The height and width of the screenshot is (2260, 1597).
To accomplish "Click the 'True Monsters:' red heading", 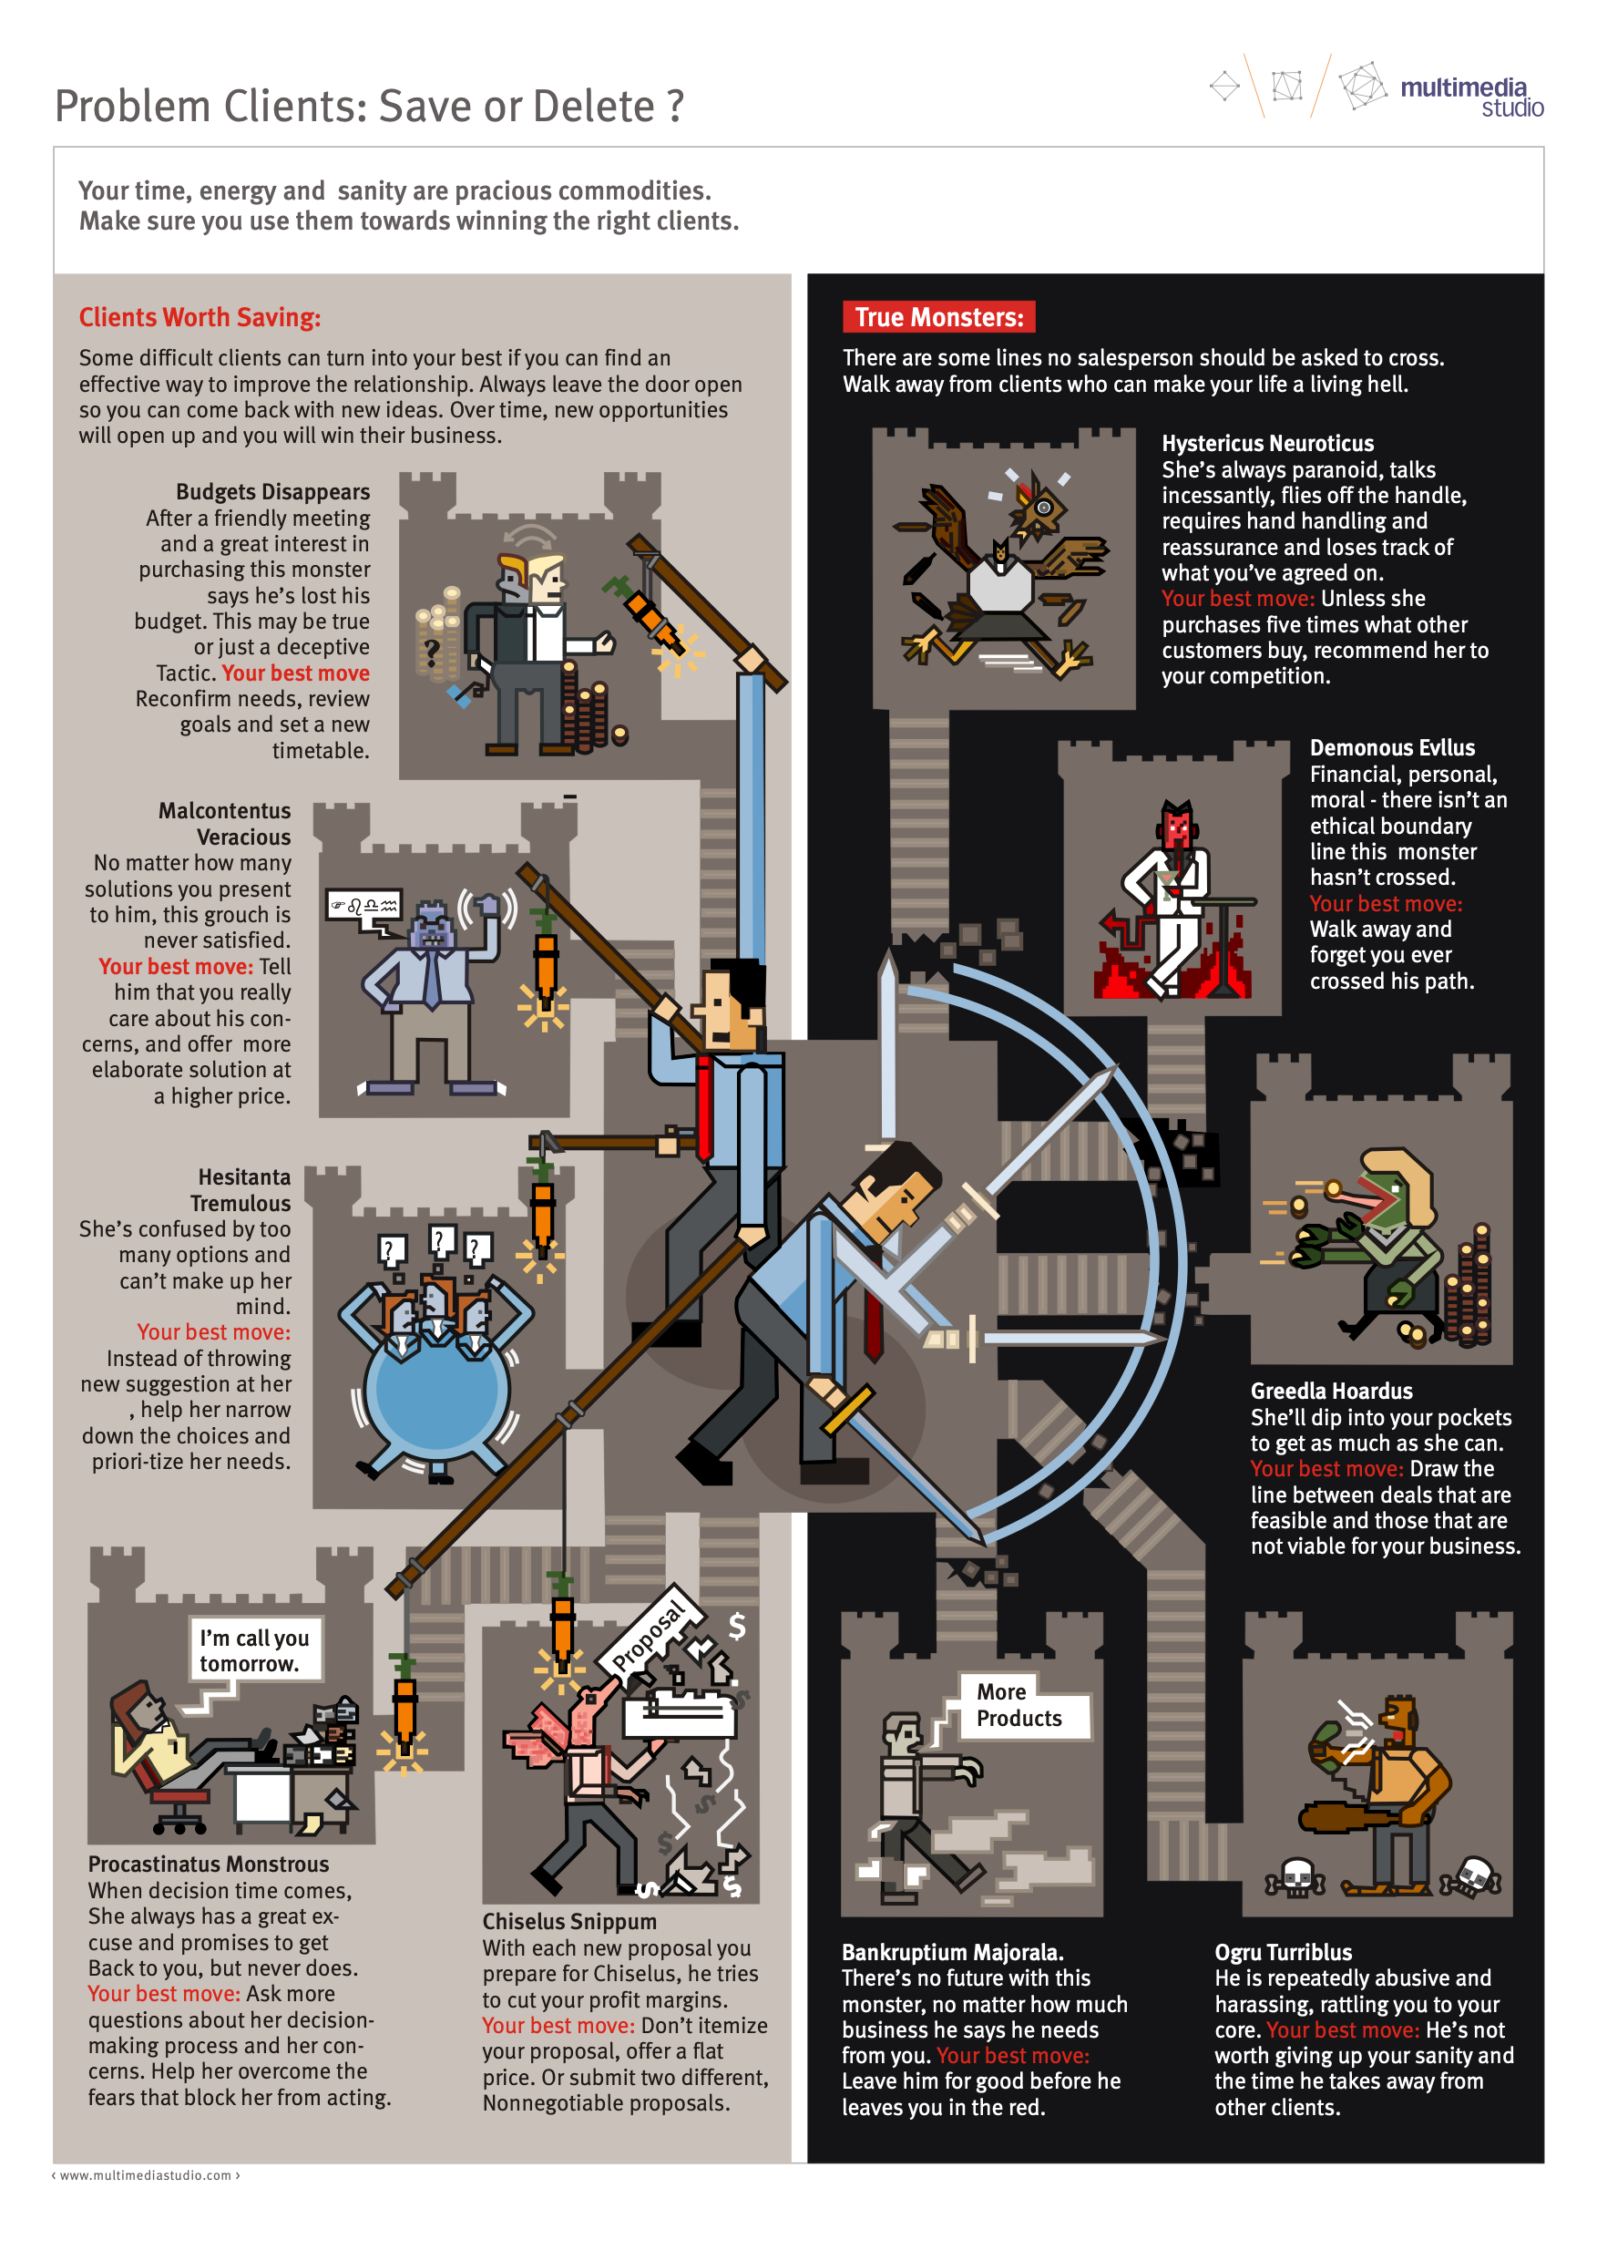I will [x=937, y=317].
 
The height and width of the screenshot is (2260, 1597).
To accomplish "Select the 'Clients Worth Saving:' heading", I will [x=200, y=317].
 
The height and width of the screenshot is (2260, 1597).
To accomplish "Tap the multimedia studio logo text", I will [x=1471, y=97].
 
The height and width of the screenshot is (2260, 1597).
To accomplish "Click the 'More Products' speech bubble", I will [x=1018, y=1705].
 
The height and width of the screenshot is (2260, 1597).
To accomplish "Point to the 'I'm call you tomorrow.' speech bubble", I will [x=254, y=1649].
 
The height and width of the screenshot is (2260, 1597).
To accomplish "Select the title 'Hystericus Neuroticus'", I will [x=1267, y=443].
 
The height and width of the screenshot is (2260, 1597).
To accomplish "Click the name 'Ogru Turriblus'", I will [x=1283, y=1952].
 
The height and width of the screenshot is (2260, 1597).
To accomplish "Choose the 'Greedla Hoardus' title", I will [x=1331, y=1391].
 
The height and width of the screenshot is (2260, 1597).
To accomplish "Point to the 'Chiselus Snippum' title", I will [x=568, y=1921].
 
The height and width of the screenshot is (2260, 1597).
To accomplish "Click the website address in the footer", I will [x=146, y=2175].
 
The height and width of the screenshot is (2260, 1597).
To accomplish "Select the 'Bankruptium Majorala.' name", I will [x=951, y=1952].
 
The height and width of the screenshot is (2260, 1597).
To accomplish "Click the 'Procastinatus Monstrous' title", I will [x=209, y=1864].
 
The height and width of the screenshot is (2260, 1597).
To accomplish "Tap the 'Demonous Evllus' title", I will [x=1392, y=748].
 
